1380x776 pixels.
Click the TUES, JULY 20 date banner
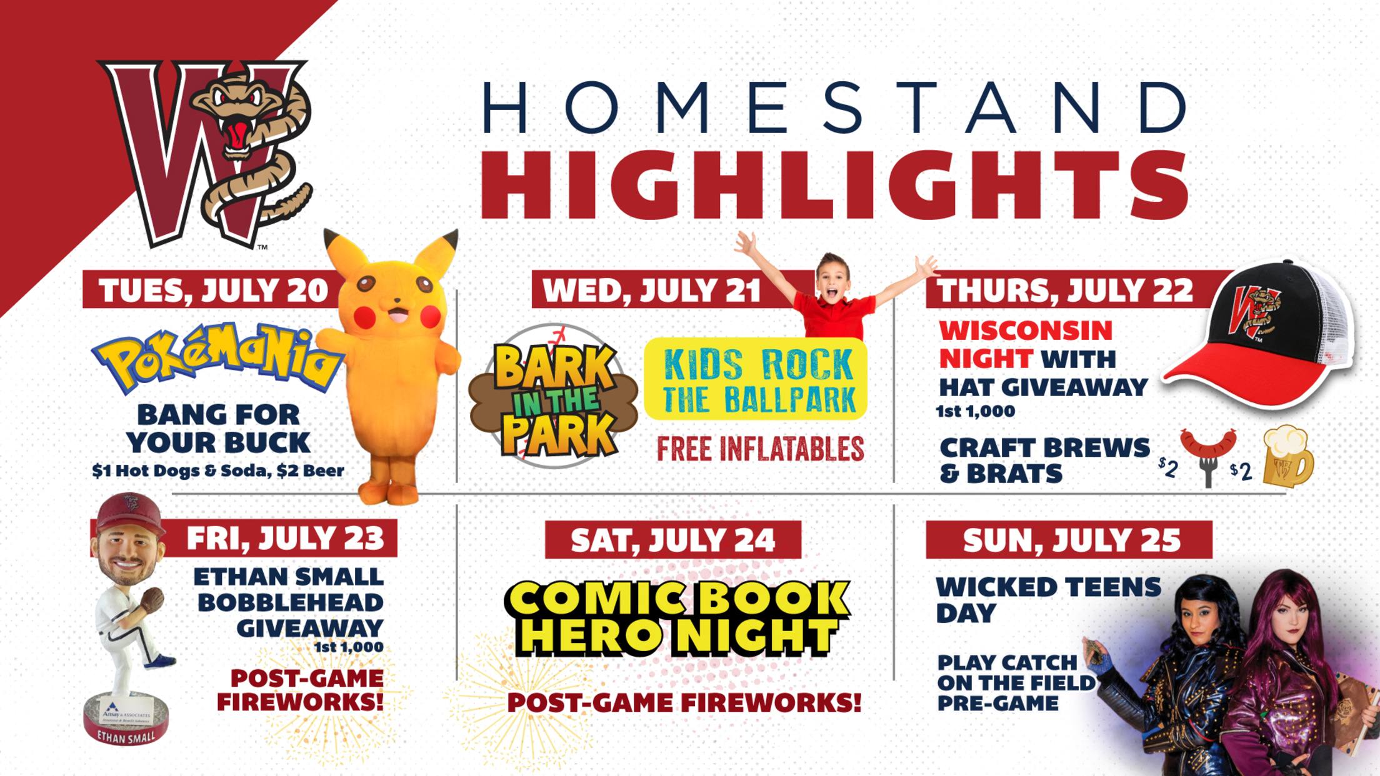pos(212,289)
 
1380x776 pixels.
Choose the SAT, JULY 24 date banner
pos(673,540)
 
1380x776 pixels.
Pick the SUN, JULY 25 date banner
pos(1069,540)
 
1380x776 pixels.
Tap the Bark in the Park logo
pos(554,397)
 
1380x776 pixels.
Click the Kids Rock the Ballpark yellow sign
pos(756,379)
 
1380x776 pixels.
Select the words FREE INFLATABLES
pos(761,449)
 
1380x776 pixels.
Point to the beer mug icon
pos(1287,456)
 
